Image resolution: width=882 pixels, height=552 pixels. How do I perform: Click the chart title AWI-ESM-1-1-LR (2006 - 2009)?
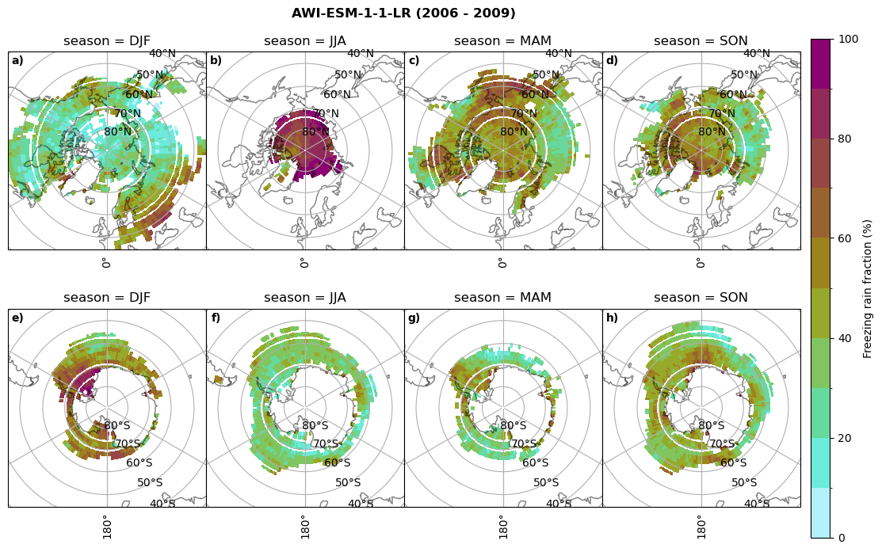pos(403,13)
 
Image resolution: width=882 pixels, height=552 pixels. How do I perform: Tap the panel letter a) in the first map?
pos(17,61)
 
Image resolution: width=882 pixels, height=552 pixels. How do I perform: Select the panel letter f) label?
pos(216,318)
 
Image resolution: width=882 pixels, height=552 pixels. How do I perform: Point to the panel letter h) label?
pos(612,318)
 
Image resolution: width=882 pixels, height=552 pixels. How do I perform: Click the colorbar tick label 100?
pos(849,40)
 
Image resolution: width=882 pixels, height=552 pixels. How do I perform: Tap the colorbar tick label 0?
pos(842,539)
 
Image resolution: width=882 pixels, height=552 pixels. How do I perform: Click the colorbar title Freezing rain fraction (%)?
pos(868,289)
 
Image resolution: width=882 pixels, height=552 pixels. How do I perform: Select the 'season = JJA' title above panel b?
pos(305,41)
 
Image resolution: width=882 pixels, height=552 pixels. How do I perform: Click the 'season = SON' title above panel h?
pos(701,298)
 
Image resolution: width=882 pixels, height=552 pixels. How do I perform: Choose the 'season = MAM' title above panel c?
pos(502,41)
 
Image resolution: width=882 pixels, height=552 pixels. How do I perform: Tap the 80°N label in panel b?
pos(315,132)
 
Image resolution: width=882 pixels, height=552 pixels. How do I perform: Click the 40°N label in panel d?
pos(756,54)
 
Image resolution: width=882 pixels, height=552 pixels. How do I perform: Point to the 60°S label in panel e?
pos(139,463)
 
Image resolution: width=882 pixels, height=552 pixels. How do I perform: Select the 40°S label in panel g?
pos(558,504)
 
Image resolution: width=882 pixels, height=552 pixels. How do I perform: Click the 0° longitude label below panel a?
pos(105,262)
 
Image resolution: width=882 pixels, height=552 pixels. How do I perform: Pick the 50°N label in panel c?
pos(545,75)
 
